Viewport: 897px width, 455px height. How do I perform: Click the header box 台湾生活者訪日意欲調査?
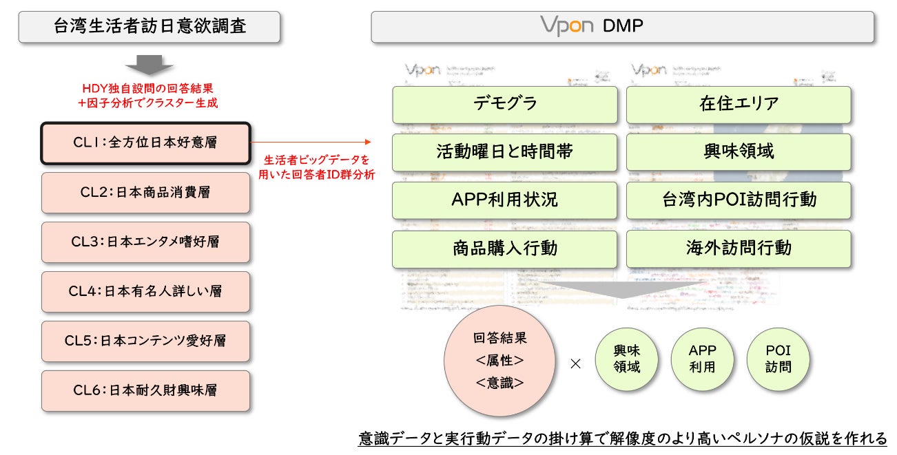point(149,27)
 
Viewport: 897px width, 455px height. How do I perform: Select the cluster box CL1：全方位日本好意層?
point(145,143)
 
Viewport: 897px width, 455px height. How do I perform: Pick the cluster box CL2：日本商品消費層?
point(145,193)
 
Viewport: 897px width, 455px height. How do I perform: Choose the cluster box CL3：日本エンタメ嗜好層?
point(145,242)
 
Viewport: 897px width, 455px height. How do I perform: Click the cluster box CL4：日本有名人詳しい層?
point(145,292)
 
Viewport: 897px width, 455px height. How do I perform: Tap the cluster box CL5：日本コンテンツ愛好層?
point(145,341)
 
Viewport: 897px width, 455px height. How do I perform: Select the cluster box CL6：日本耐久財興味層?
point(145,391)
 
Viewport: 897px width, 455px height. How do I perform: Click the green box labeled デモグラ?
point(505,105)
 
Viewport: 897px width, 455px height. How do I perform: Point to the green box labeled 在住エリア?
point(739,105)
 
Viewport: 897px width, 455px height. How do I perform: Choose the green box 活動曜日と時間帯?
point(505,152)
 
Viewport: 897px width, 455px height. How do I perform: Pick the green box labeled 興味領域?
point(739,152)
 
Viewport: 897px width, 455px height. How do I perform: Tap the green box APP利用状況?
point(505,200)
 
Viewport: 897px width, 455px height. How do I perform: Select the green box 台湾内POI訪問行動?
point(739,200)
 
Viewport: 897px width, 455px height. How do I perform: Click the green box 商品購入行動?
point(505,248)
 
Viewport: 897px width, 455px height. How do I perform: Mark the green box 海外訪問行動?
point(739,248)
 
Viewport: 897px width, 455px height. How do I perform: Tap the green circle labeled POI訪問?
point(778,358)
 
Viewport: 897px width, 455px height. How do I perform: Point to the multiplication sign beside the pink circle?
point(575,364)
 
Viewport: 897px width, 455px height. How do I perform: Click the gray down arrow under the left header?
point(149,67)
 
